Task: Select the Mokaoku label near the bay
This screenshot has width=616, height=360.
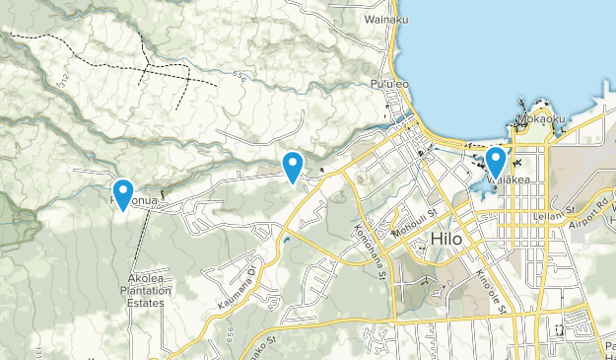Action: click(540, 119)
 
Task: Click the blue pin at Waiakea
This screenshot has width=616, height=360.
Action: click(496, 161)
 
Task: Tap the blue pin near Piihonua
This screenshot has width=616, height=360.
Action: click(123, 192)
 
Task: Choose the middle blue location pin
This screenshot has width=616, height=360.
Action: click(292, 166)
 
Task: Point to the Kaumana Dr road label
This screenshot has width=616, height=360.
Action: click(237, 286)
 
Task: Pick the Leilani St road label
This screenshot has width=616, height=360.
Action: click(555, 210)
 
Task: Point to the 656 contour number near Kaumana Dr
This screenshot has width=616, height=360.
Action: click(233, 326)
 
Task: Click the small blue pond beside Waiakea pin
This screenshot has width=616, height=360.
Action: click(480, 183)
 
